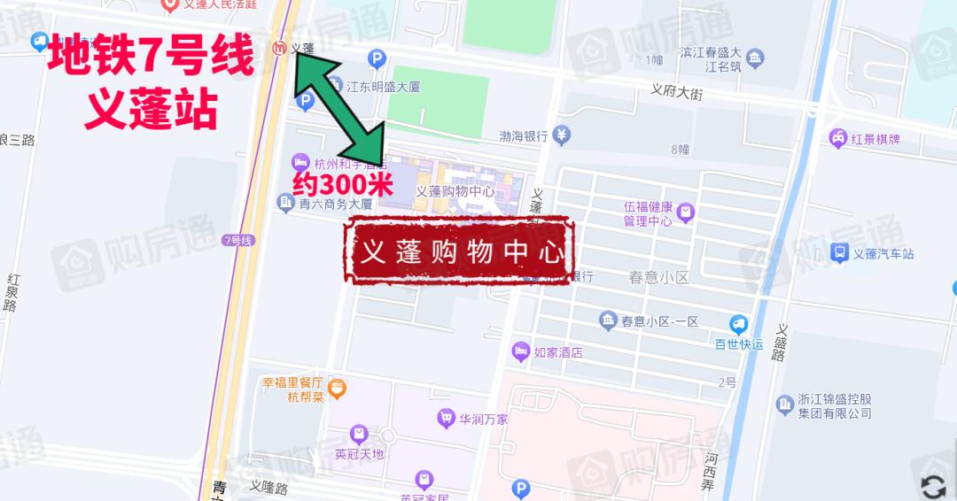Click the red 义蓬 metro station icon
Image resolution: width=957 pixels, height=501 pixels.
pyautogui.click(x=280, y=48)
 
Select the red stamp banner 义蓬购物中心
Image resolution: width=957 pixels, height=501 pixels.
pyautogui.click(x=461, y=251)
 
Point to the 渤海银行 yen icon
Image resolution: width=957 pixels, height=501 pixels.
pyautogui.click(x=562, y=135)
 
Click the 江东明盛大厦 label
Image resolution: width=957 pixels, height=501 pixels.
pyautogui.click(x=382, y=87)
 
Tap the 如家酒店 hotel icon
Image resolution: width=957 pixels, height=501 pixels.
pyautogui.click(x=521, y=352)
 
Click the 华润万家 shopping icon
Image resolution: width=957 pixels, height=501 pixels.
pyautogui.click(x=446, y=418)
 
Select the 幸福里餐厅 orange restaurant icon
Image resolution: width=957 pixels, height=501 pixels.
pyautogui.click(x=337, y=388)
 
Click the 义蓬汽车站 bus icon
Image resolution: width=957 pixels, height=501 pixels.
pyautogui.click(x=838, y=254)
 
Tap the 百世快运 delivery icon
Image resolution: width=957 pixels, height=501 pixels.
pyautogui.click(x=738, y=325)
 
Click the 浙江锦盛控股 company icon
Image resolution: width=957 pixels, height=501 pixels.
pyautogui.click(x=784, y=405)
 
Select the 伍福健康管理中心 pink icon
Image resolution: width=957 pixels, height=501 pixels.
pyautogui.click(x=684, y=213)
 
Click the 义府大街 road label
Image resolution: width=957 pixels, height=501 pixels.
pyautogui.click(x=676, y=90)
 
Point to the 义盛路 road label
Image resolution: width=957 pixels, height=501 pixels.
pyautogui.click(x=781, y=342)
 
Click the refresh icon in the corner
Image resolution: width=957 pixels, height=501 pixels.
pyautogui.click(x=933, y=486)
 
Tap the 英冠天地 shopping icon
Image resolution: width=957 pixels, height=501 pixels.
pyautogui.click(x=358, y=434)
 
